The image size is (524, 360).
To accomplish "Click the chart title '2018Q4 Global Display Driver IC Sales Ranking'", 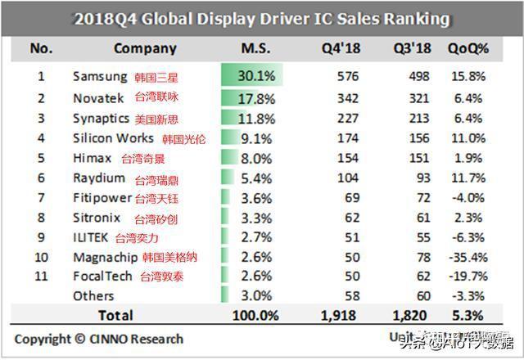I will tap(262, 17).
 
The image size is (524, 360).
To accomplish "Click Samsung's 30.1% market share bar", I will tap(251, 77).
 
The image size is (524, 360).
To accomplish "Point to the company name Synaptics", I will tap(101, 118).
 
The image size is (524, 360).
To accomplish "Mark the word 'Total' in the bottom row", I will tap(115, 314).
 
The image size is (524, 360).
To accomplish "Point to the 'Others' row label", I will tap(93, 296).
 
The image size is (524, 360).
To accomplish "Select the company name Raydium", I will tap(98, 178).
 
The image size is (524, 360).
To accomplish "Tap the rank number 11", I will tap(41, 277).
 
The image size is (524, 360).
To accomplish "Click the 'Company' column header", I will tap(145, 48).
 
